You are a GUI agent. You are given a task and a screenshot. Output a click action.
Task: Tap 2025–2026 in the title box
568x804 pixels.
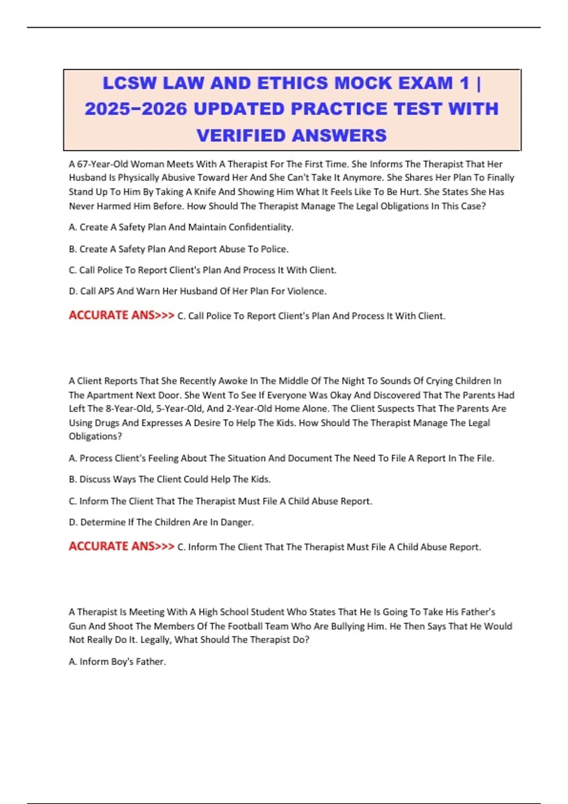pyautogui.click(x=135, y=109)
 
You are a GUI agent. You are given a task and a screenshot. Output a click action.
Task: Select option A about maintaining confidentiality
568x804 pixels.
pyautogui.click(x=181, y=227)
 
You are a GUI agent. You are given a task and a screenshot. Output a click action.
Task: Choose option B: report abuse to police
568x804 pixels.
pyautogui.click(x=178, y=249)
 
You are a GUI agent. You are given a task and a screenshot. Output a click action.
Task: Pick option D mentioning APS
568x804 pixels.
pyautogui.click(x=197, y=291)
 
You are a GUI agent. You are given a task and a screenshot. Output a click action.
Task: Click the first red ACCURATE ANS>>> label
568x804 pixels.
pyautogui.click(x=121, y=315)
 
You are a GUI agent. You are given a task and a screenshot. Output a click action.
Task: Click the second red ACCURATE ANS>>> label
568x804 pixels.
pyautogui.click(x=121, y=546)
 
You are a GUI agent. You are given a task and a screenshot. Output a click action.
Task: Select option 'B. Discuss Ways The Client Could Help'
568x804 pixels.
pyautogui.click(x=169, y=480)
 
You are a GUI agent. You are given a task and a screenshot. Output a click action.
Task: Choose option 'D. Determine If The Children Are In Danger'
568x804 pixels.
pyautogui.click(x=161, y=523)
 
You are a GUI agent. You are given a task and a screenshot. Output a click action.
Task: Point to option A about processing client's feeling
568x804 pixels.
pyautogui.click(x=281, y=458)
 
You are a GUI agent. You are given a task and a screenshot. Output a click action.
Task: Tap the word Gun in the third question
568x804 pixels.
pyautogui.click(x=77, y=626)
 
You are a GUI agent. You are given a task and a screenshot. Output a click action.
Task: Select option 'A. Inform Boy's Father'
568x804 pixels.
pyautogui.click(x=117, y=662)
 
